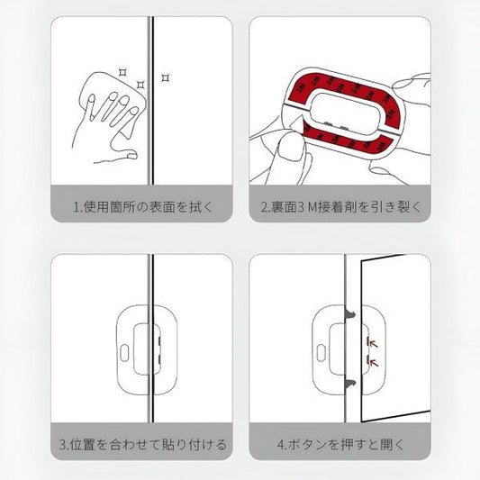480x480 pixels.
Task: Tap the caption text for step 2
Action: (340, 206)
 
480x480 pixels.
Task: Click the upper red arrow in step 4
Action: (371, 342)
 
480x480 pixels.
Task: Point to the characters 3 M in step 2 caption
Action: (307, 206)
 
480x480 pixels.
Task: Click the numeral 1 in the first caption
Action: (76, 206)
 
